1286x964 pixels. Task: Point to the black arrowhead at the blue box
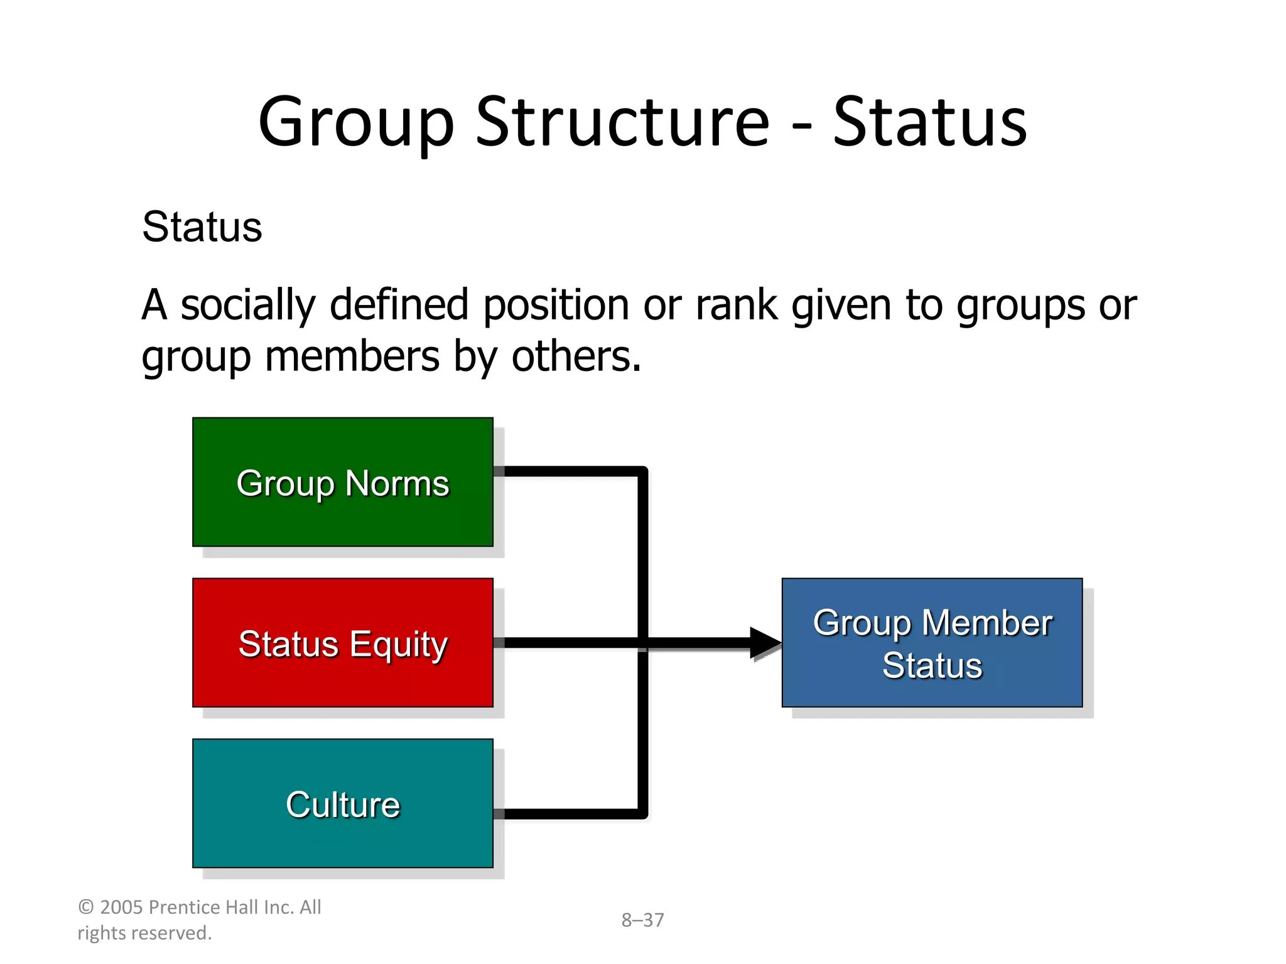pyautogui.click(x=765, y=643)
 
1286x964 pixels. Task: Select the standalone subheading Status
pyautogui.click(x=202, y=227)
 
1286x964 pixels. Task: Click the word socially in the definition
pyautogui.click(x=248, y=305)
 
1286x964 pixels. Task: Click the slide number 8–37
pyautogui.click(x=642, y=920)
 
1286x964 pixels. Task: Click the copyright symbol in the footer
pyautogui.click(x=86, y=908)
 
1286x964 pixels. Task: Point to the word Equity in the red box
pyautogui.click(x=398, y=645)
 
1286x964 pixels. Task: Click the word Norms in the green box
pyautogui.click(x=397, y=484)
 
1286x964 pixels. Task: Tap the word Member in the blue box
pyautogui.click(x=986, y=623)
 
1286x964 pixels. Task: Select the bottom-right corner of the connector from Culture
pyautogui.click(x=642, y=814)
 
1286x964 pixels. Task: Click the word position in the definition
pyautogui.click(x=555, y=305)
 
